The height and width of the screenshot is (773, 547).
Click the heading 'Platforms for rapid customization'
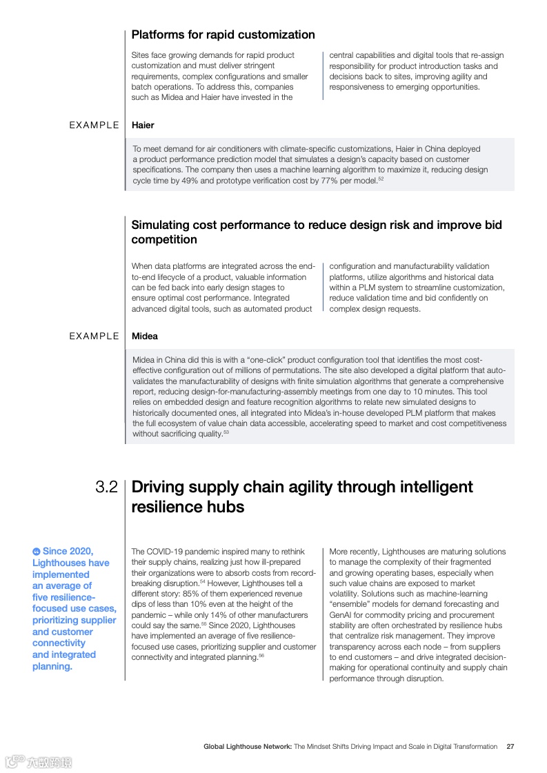(223, 34)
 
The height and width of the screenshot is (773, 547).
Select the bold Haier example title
(143, 125)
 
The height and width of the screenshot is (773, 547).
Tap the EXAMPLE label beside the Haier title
(95, 125)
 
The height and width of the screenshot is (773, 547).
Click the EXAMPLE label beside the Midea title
(95, 336)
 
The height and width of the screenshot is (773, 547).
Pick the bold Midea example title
(145, 336)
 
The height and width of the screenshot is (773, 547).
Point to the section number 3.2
(107, 487)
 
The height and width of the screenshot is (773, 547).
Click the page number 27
(510, 746)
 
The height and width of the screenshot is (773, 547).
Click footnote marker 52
(381, 179)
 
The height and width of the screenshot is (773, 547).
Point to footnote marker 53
(226, 432)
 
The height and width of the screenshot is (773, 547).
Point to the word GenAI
(341, 615)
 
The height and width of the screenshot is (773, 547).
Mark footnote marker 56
(261, 655)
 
